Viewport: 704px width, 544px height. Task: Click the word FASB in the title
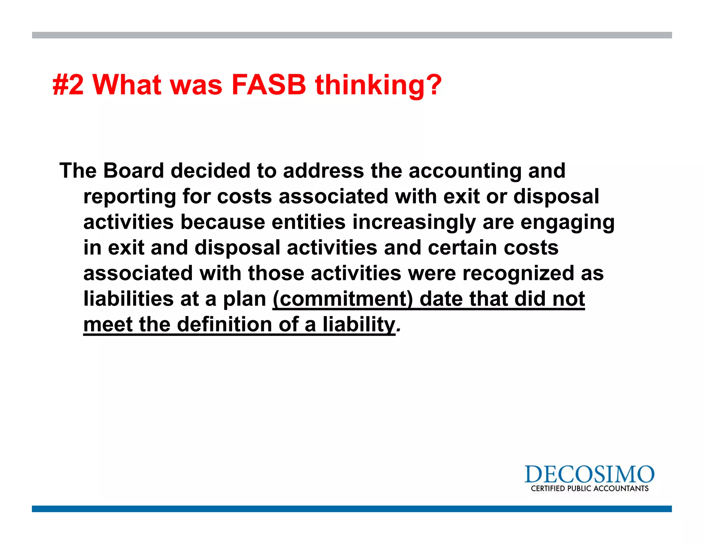pyautogui.click(x=268, y=85)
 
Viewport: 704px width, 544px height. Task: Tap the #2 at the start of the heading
pyautogui.click(x=68, y=85)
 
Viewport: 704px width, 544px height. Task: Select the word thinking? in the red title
pyautogui.click(x=378, y=85)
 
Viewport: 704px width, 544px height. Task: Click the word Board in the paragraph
pyautogui.click(x=133, y=171)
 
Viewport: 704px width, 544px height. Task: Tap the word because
pyautogui.click(x=223, y=222)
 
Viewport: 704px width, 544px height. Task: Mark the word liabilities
pyautogui.click(x=129, y=298)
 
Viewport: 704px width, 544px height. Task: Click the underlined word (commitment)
pyautogui.click(x=343, y=299)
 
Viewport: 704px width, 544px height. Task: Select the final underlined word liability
pyautogui.click(x=359, y=325)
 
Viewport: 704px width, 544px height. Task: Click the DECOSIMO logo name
pyautogui.click(x=589, y=475)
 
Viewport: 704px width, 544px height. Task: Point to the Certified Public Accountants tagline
pyautogui.click(x=590, y=489)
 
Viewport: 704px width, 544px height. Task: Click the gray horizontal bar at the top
pyautogui.click(x=352, y=35)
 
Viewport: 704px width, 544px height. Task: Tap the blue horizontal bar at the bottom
pyautogui.click(x=352, y=509)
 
